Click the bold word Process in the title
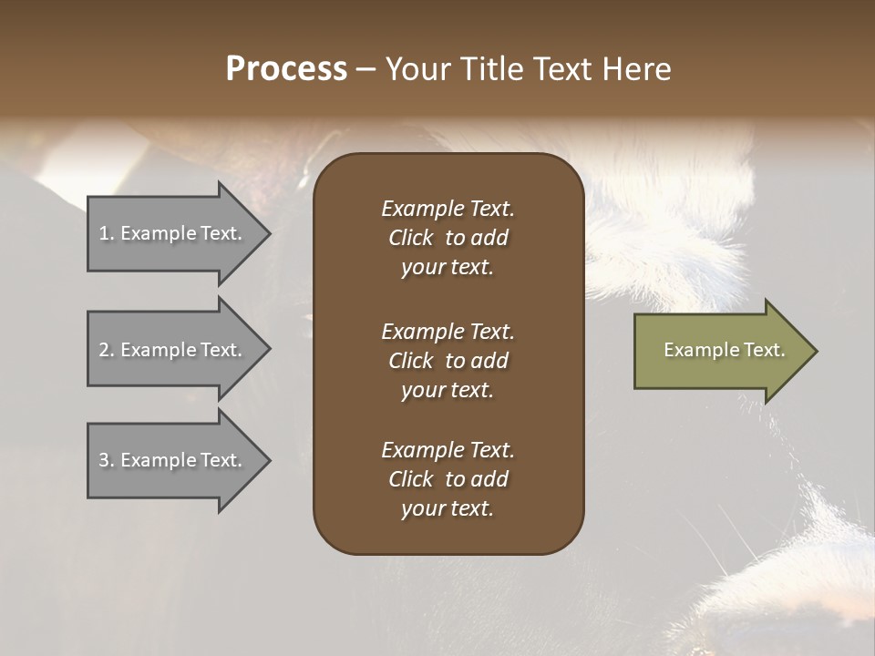(x=286, y=69)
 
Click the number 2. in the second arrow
(x=107, y=350)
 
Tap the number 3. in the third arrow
(x=107, y=460)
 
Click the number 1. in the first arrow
(x=107, y=233)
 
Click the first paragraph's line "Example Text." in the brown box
(x=448, y=209)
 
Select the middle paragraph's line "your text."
(x=448, y=390)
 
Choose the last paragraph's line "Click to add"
(x=448, y=479)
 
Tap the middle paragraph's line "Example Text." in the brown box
(x=448, y=332)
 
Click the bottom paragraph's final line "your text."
(x=448, y=508)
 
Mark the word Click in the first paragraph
(x=410, y=238)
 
